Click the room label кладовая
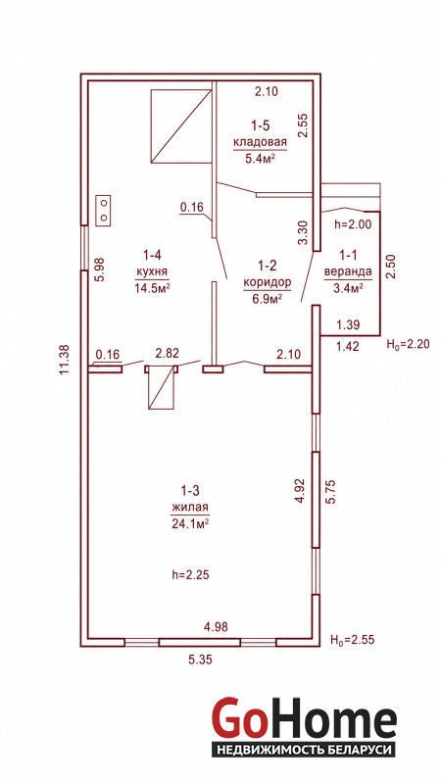261,141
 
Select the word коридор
267,282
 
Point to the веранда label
348,272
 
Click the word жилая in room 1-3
189,508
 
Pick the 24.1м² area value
189,523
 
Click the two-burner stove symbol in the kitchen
104,210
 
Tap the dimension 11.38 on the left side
64,360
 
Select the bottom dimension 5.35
200,660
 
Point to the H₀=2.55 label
353,640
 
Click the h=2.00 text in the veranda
353,225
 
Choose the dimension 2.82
168,354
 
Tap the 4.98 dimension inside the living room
216,627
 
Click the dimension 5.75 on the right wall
331,494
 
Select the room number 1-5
260,125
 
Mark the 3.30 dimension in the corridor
303,233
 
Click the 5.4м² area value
261,159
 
